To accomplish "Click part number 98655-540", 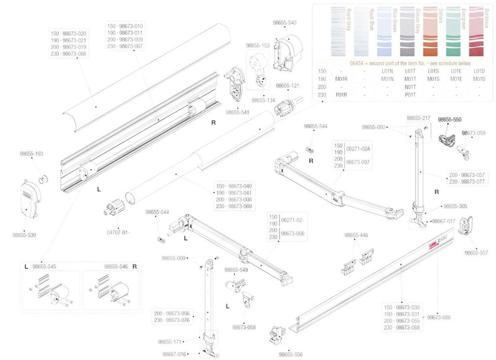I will pyautogui.click(x=285, y=22).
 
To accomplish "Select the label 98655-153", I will pyautogui.click(x=258, y=45).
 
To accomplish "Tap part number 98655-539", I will pyautogui.click(x=24, y=235).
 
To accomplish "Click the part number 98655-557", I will pyautogui.click(x=476, y=253).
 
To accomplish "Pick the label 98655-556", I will pyautogui.click(x=291, y=354).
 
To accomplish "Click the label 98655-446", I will pyautogui.click(x=356, y=235).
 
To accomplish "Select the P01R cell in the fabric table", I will pyautogui.click(x=341, y=95).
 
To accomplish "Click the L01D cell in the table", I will pyautogui.click(x=479, y=71).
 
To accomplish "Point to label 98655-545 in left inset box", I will pyautogui.click(x=45, y=266).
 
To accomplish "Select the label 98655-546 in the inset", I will pyautogui.click(x=116, y=266).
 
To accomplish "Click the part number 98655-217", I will pyautogui.click(x=418, y=118).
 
